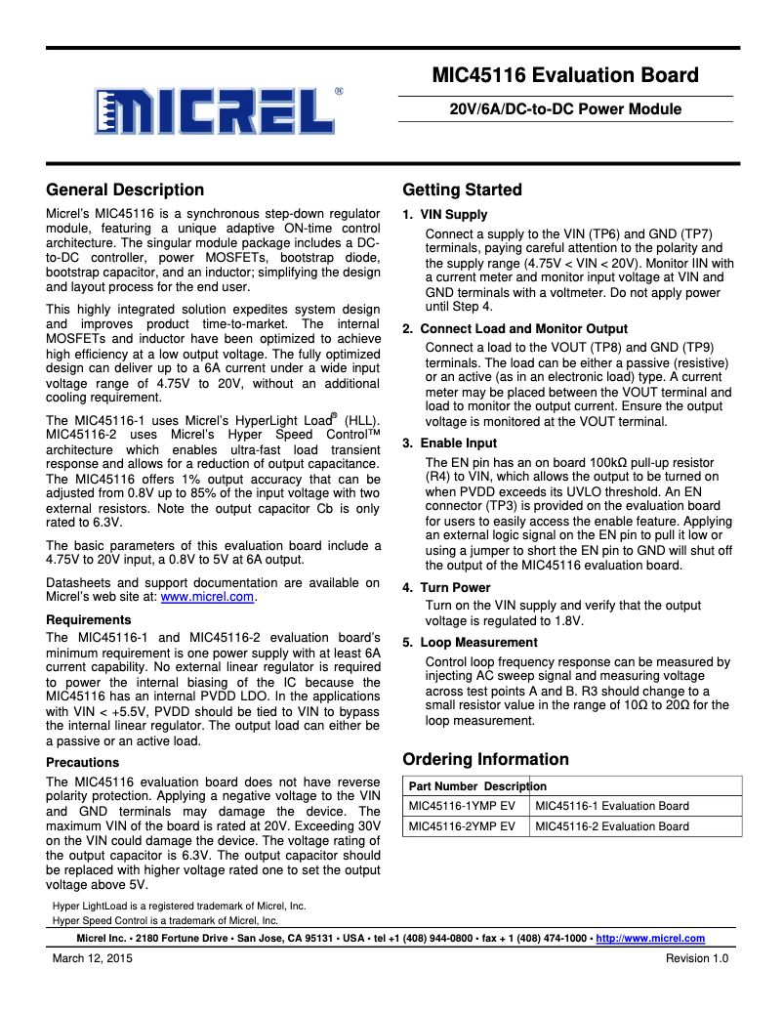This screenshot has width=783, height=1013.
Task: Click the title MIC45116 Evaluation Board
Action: point(565,76)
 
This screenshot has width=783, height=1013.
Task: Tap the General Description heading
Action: point(125,190)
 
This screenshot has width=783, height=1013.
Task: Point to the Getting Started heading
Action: point(462,190)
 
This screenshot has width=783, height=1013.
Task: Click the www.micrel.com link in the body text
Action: point(207,597)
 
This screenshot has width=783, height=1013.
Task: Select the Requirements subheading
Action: point(88,619)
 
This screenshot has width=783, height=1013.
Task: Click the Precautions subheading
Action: point(82,762)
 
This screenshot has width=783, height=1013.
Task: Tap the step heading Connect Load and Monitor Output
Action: point(523,328)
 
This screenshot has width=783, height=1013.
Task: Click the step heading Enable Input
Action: point(458,443)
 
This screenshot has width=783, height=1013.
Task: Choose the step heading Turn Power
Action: point(455,587)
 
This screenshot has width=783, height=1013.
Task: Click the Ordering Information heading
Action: point(485,759)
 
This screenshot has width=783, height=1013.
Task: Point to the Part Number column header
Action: point(442,786)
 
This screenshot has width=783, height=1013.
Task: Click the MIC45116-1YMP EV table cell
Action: point(461,806)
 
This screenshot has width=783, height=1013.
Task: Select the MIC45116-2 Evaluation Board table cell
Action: point(612,826)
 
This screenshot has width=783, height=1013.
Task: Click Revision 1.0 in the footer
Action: point(697,958)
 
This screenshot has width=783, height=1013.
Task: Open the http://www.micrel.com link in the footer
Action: point(650,938)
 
